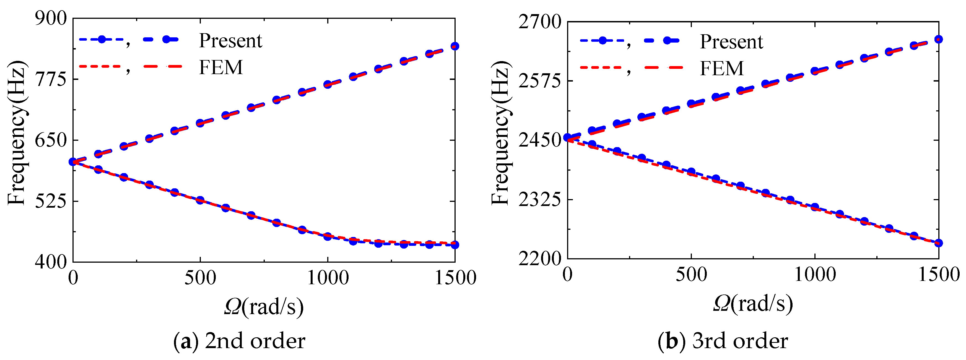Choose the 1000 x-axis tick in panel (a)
point(328,278)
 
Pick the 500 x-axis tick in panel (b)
point(691,275)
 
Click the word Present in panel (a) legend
point(230,40)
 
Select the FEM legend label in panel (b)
point(721,68)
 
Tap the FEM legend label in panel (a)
point(220,67)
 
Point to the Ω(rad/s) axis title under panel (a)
point(264,307)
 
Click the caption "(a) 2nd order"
point(239,341)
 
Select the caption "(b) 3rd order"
point(723,341)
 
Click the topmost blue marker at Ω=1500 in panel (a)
point(455,46)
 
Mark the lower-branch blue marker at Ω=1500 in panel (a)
point(455,245)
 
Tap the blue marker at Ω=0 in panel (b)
point(568,138)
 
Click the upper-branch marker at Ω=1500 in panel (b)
point(938,39)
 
